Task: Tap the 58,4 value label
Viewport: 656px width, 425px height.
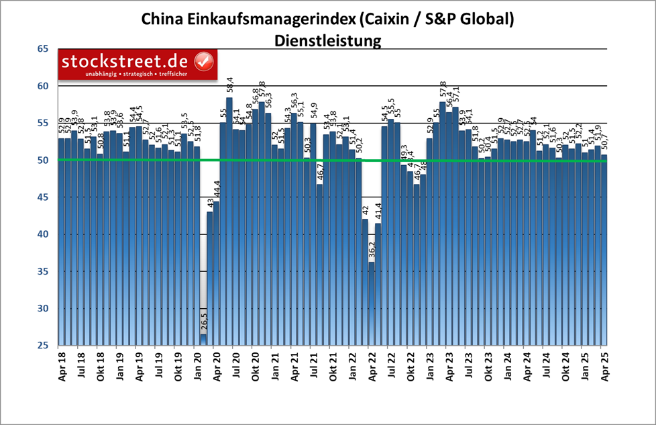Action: (x=229, y=86)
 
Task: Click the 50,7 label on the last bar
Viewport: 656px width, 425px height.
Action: (x=606, y=142)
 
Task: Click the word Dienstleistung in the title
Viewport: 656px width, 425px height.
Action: (x=328, y=40)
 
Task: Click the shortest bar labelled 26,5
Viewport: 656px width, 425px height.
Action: (x=203, y=340)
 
